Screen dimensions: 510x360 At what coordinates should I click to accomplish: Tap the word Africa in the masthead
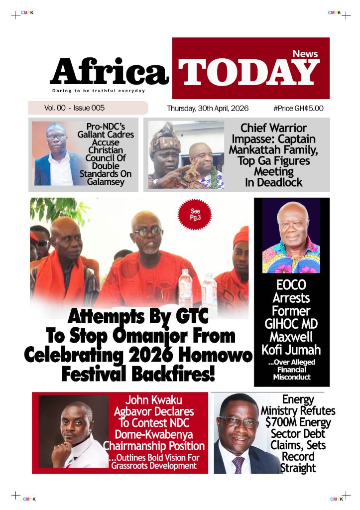109,72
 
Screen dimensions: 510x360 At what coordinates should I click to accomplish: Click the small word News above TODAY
305,53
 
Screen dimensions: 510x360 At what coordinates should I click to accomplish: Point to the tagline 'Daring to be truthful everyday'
99,91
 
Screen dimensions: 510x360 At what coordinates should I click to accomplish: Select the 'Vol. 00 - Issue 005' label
74,108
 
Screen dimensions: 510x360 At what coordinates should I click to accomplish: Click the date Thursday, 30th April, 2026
208,108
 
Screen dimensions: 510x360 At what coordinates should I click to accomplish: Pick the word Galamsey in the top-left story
105,182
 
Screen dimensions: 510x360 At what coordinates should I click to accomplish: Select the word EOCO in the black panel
291,286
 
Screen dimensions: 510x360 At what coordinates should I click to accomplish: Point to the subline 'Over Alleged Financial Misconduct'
291,370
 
